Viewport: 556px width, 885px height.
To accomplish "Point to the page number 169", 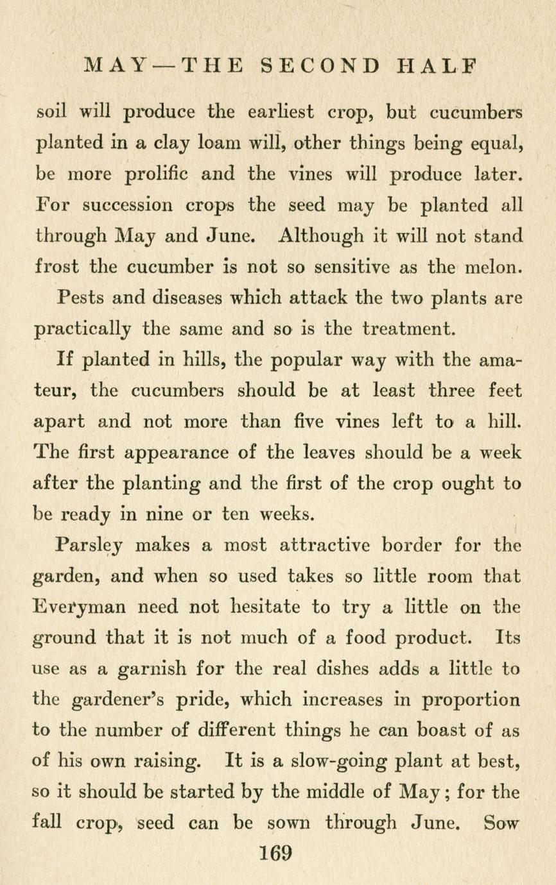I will pos(277,853).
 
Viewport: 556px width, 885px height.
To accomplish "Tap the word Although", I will pos(318,236).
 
